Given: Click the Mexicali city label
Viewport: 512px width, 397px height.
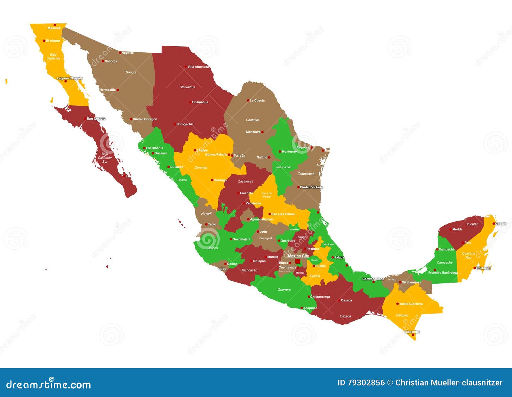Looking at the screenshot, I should tap(54, 28).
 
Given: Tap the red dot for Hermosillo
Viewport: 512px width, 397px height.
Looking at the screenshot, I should tap(118, 90).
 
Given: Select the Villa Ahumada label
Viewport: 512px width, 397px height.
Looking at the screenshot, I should tap(198, 67).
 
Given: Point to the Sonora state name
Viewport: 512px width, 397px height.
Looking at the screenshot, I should tap(131, 72).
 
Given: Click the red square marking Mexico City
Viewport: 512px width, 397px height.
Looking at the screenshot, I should tap(298, 261).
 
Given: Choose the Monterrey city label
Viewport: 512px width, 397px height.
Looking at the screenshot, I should tap(289, 152).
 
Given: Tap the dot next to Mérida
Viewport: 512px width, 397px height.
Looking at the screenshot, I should tap(451, 229).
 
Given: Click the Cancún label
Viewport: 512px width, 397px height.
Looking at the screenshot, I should tap(501, 224).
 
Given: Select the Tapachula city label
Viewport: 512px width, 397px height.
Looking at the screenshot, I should tap(412, 332).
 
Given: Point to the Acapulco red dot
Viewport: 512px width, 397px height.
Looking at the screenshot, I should tap(301, 308).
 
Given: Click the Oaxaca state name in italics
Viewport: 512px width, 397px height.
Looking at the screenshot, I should tap(345, 316).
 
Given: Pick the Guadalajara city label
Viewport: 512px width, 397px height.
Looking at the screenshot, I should tap(241, 239).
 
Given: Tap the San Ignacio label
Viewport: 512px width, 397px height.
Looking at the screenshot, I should tap(96, 119).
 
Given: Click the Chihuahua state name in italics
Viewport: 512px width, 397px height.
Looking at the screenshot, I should tap(187, 87).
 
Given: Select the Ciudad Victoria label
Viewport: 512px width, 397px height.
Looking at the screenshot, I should tap(311, 187).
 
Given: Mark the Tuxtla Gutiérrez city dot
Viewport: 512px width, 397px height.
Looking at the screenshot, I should tap(397, 304).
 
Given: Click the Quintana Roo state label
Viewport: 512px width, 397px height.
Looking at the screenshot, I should tap(468, 255).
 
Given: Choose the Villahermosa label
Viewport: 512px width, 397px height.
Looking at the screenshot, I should tap(412, 282).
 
